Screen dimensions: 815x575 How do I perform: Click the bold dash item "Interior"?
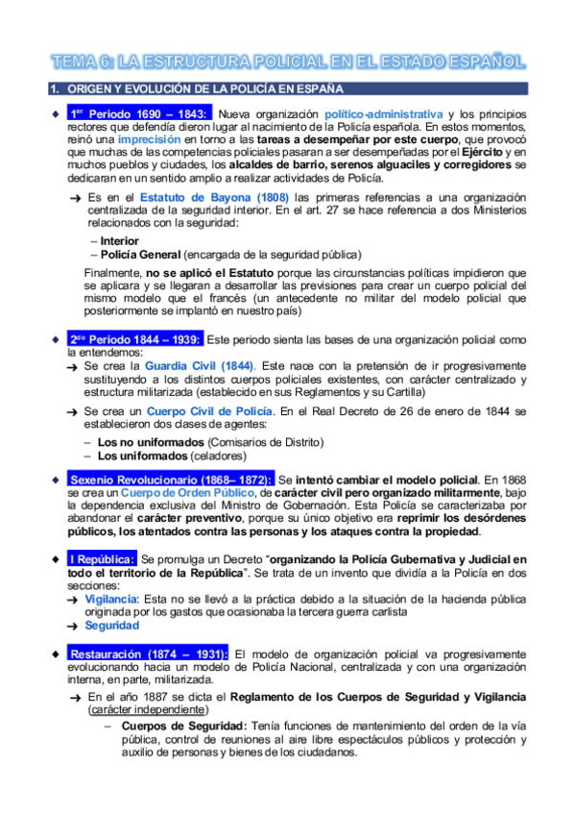click(x=119, y=241)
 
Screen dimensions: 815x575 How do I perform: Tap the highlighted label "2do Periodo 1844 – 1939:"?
click(x=135, y=340)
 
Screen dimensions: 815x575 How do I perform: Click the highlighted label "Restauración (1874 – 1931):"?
click(x=149, y=654)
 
